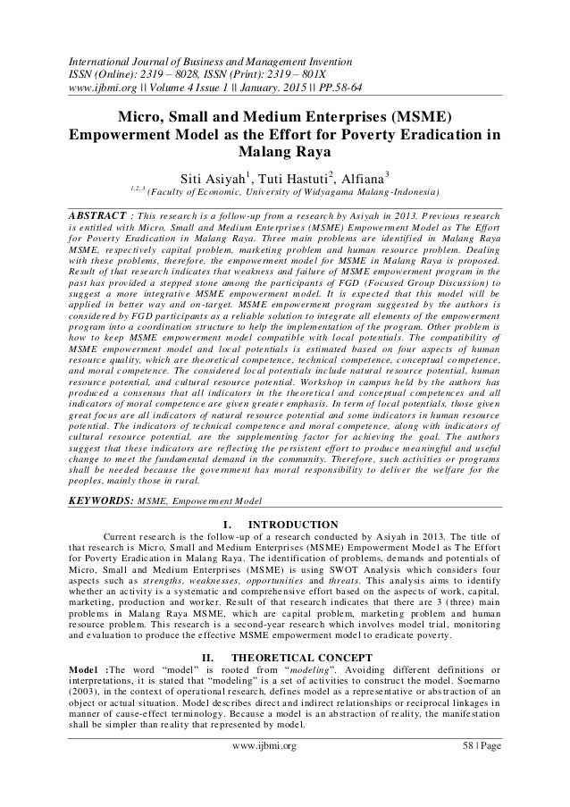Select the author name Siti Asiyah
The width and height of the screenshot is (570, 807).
pos(209,173)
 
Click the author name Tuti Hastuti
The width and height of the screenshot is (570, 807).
pos(292,173)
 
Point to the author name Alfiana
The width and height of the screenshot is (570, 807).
pos(362,173)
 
